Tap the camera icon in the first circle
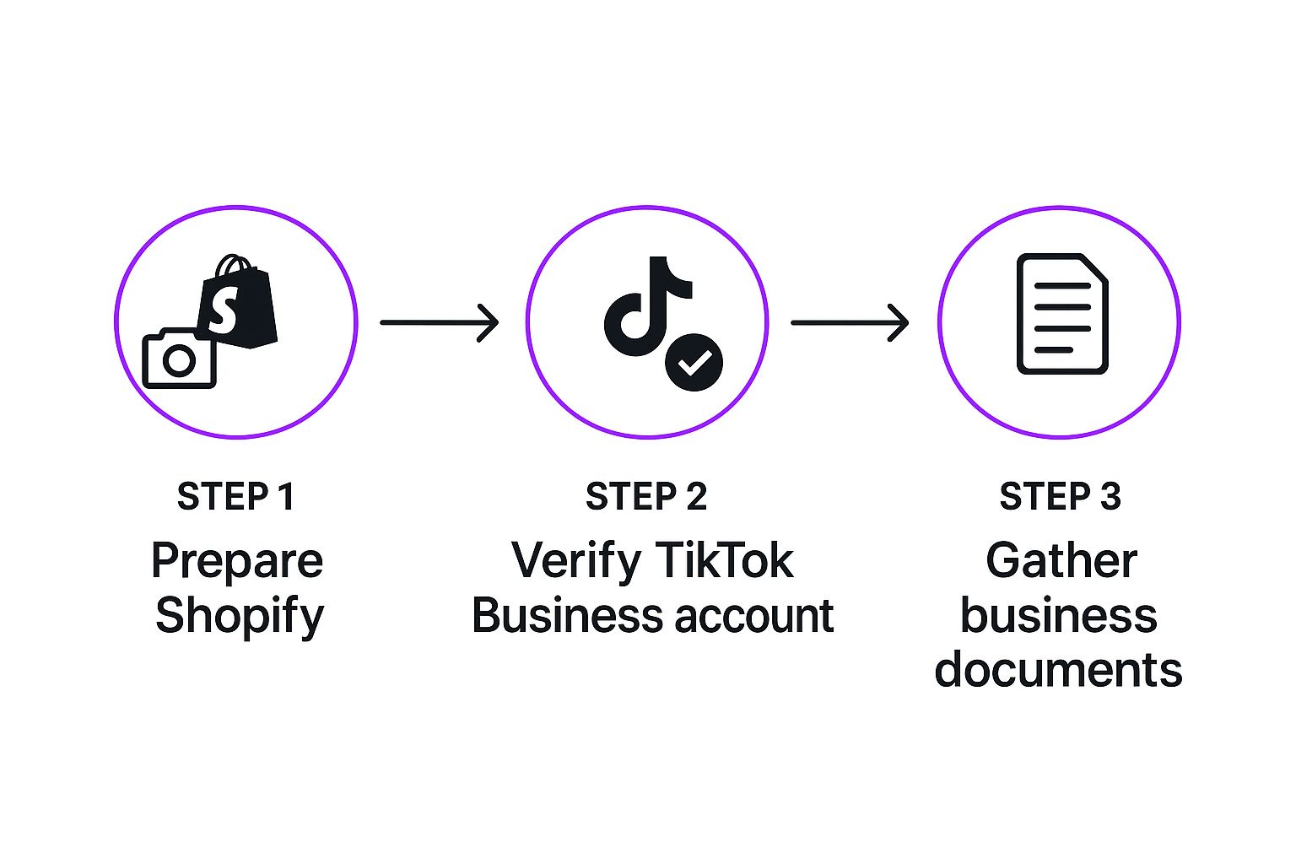180,359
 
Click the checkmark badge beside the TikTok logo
694,363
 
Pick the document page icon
1062,314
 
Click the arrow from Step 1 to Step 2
440,322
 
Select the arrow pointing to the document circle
850,322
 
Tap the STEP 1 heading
236,497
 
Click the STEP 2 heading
646,497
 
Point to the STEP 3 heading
1060,497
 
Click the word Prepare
237,561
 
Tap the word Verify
576,561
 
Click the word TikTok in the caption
724,560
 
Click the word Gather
1061,560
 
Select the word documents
1058,670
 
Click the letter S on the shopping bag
223,310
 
